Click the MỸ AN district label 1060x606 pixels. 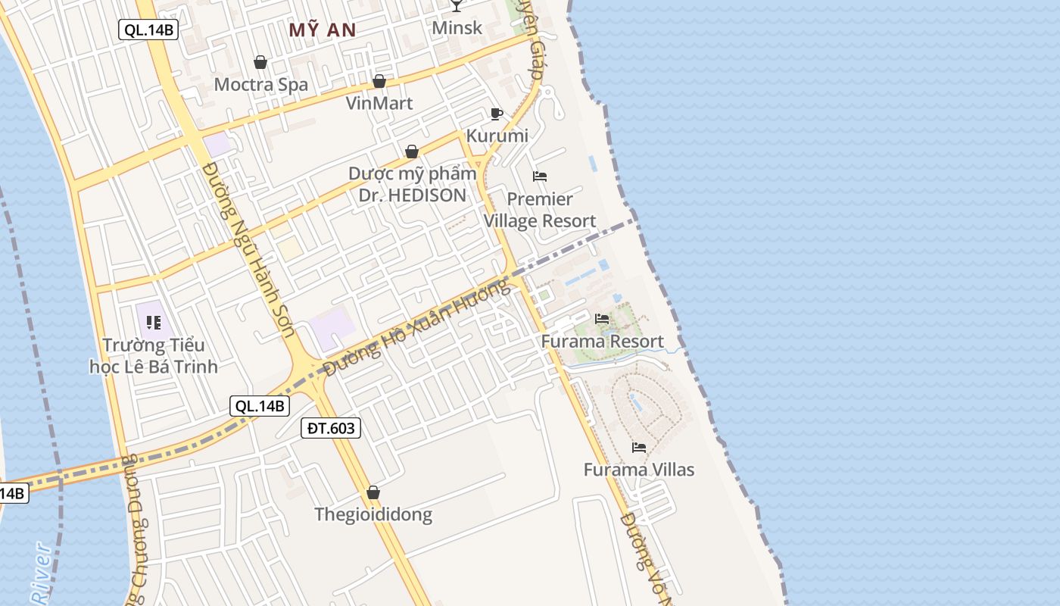(x=323, y=30)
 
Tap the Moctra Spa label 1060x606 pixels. (x=261, y=84)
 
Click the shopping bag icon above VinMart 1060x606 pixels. (x=379, y=81)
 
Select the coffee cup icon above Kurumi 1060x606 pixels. (x=496, y=114)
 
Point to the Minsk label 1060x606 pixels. (x=457, y=28)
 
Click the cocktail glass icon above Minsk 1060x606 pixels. (x=456, y=6)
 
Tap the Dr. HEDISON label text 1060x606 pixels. (x=413, y=195)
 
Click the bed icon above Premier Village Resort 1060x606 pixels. (x=540, y=176)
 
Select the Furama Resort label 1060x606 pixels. (x=602, y=342)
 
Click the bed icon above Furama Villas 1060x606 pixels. (x=639, y=448)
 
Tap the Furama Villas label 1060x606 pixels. (x=638, y=470)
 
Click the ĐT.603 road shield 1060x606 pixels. (x=331, y=428)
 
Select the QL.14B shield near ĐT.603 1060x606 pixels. (x=260, y=405)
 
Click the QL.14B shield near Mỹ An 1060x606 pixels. (x=149, y=30)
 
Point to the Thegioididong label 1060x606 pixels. (x=373, y=515)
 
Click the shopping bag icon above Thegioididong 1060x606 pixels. (x=373, y=493)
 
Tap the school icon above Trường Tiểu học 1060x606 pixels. (x=154, y=323)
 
